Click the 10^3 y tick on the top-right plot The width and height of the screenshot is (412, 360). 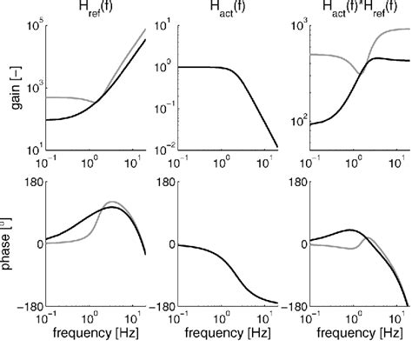[298, 26]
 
